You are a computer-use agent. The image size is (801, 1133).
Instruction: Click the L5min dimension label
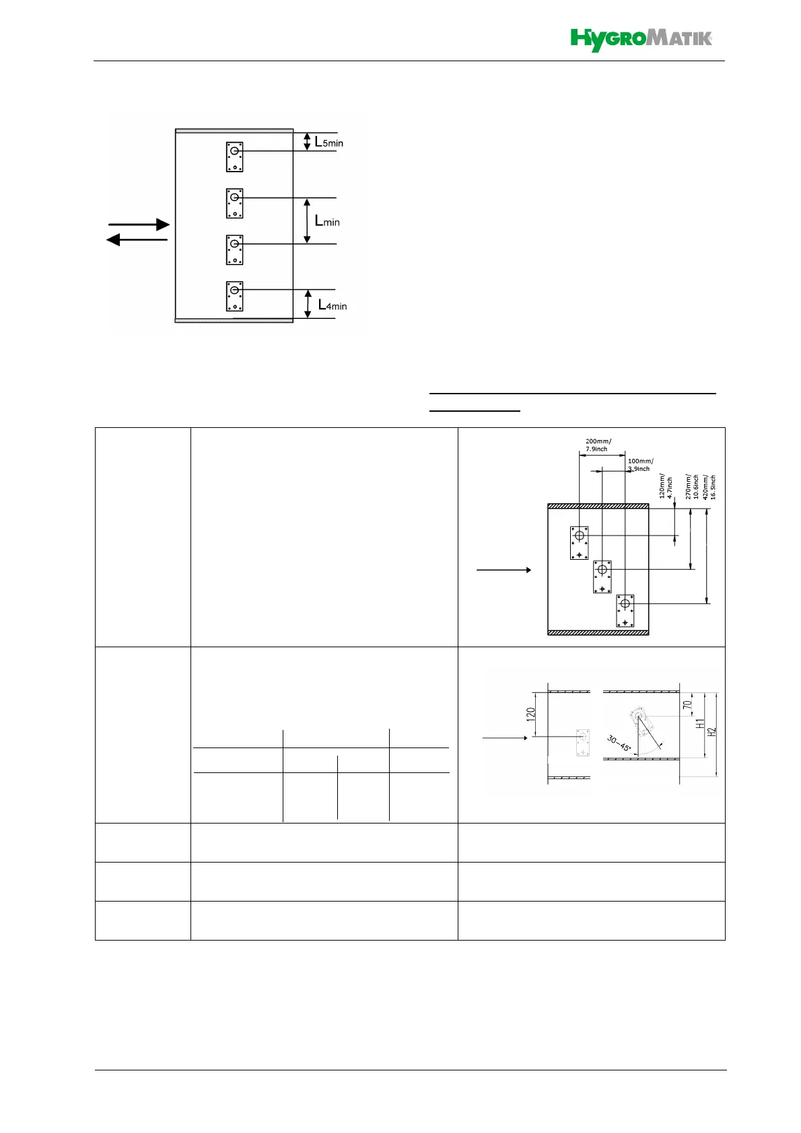click(x=328, y=142)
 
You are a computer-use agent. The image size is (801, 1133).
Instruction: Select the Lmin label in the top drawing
click(x=327, y=221)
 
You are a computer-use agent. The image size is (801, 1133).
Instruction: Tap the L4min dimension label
click(x=333, y=305)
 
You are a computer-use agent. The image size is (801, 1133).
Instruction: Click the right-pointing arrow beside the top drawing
click(x=139, y=224)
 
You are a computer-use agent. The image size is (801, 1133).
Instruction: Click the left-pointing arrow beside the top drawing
click(x=137, y=240)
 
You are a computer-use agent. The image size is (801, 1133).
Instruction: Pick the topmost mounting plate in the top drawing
click(x=234, y=156)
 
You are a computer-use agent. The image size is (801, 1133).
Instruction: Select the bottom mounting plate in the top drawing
click(x=234, y=296)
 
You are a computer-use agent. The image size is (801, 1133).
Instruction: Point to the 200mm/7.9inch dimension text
click(x=598, y=445)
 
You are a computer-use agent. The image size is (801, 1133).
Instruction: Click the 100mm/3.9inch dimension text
click(x=639, y=465)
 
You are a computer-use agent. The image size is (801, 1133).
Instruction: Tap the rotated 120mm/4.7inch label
click(x=665, y=484)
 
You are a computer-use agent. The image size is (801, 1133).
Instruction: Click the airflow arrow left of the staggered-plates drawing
click(x=503, y=570)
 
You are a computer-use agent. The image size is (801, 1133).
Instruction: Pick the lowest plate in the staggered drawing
click(x=625, y=611)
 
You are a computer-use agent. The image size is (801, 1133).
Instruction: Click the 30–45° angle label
click(x=618, y=743)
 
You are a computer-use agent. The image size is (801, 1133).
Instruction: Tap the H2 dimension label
click(x=712, y=730)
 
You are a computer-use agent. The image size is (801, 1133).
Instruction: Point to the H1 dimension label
click(x=701, y=723)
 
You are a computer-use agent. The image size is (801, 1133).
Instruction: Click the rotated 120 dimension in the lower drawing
click(x=531, y=714)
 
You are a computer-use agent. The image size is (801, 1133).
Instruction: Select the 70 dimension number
click(x=687, y=705)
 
